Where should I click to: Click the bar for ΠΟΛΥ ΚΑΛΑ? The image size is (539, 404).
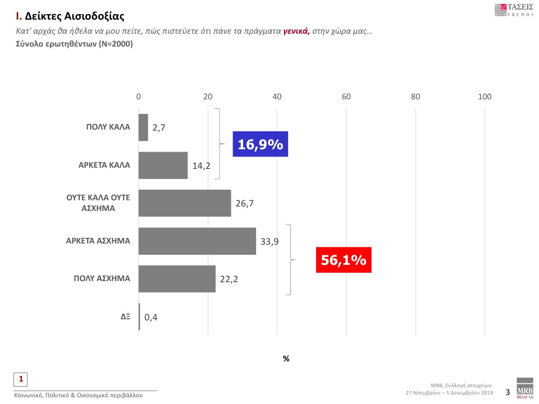(143, 127)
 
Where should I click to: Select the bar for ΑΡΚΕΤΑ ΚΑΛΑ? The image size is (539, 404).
(163, 166)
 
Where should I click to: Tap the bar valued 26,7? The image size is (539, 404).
(185, 203)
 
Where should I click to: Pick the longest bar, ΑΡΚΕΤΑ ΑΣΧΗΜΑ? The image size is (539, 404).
(197, 241)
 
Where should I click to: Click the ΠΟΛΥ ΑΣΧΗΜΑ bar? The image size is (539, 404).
(177, 279)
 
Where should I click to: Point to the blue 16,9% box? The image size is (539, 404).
(261, 144)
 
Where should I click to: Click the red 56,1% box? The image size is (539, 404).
(343, 260)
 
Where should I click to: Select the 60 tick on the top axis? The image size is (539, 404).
(346, 97)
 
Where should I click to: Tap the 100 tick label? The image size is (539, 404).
(485, 97)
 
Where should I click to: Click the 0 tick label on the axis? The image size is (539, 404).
(139, 97)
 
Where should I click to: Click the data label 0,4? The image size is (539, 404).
(150, 318)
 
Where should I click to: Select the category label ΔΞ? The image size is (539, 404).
(125, 316)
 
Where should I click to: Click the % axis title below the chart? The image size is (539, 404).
(286, 359)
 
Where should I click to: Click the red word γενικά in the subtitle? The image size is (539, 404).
(296, 33)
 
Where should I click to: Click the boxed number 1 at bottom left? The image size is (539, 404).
(21, 379)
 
